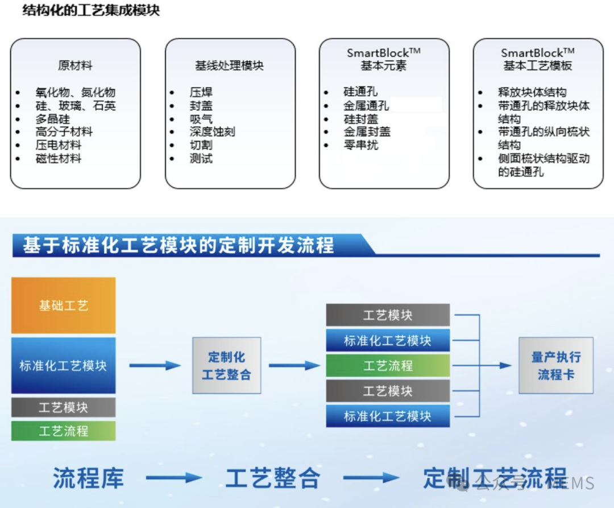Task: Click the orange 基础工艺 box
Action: (x=63, y=305)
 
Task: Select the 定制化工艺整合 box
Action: (x=226, y=365)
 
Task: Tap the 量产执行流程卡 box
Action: (x=555, y=365)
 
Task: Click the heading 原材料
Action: (x=75, y=65)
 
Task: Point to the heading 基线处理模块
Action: (x=230, y=65)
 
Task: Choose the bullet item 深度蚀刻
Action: (x=212, y=131)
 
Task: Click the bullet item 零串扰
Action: (x=360, y=145)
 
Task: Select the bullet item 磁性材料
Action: (x=59, y=159)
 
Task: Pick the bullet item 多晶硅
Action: (x=52, y=119)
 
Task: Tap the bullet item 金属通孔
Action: (x=366, y=105)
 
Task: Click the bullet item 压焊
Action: (x=201, y=92)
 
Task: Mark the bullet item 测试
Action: (x=201, y=159)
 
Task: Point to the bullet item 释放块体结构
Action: (x=532, y=92)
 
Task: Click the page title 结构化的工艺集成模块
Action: (x=91, y=11)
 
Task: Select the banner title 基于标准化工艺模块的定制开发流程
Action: (x=178, y=246)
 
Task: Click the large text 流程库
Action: (x=88, y=478)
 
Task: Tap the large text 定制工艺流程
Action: (x=495, y=478)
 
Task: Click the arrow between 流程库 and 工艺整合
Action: (x=173, y=478)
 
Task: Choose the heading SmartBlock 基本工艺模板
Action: (x=537, y=59)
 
